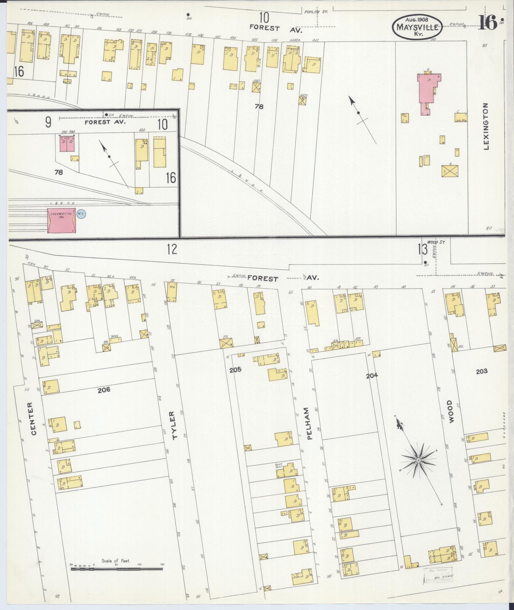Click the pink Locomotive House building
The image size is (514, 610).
pyautogui.click(x=61, y=220)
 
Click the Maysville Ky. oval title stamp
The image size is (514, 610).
pyautogui.click(x=417, y=27)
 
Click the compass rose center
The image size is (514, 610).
pyautogui.click(x=418, y=460)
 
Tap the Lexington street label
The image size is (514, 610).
pyautogui.click(x=486, y=126)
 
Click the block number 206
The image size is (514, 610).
pyautogui.click(x=104, y=389)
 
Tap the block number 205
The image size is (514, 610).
pyautogui.click(x=235, y=370)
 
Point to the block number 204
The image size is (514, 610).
pyautogui.click(x=372, y=375)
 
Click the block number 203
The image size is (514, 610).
pyautogui.click(x=481, y=371)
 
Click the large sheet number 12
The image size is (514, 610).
pyautogui.click(x=172, y=249)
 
